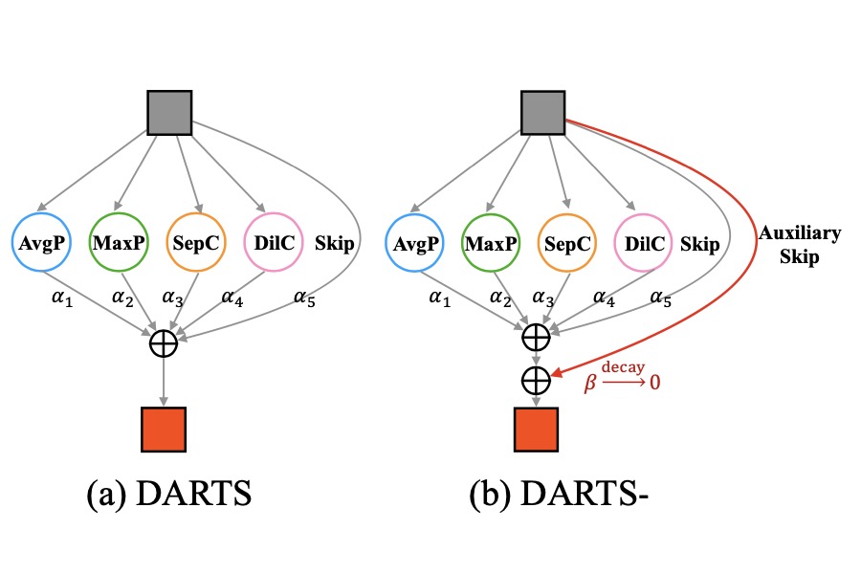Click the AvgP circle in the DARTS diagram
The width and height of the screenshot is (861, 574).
(x=40, y=244)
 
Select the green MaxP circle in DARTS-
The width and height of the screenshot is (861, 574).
(x=488, y=244)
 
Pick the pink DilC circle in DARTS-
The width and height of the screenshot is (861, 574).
(x=643, y=244)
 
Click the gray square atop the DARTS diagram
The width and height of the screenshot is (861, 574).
(x=169, y=112)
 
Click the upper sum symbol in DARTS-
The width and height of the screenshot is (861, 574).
(x=536, y=336)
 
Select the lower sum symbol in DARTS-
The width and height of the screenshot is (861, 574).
(x=536, y=380)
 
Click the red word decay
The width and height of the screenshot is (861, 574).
(x=624, y=366)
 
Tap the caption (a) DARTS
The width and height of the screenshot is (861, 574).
(x=167, y=497)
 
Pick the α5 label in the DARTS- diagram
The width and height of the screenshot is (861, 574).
(x=660, y=298)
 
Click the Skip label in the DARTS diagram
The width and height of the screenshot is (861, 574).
(x=333, y=244)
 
